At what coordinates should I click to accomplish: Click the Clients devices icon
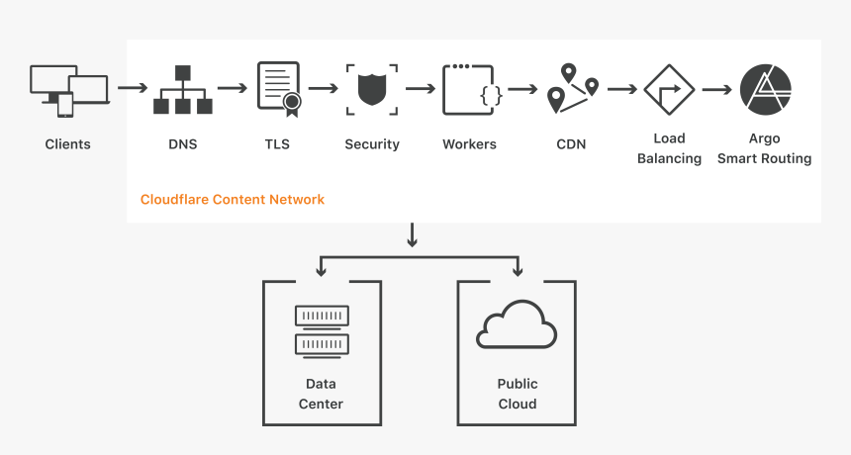[x=67, y=90]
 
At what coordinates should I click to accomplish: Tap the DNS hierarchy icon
[x=182, y=90]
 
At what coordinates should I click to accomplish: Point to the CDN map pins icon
[x=573, y=87]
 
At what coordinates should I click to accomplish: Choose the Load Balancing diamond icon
[x=669, y=89]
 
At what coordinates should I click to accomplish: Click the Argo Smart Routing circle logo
[x=765, y=89]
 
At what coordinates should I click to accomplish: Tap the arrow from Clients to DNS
[x=132, y=88]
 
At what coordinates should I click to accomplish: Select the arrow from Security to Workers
[x=421, y=88]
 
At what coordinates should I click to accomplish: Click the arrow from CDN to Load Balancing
[x=621, y=89]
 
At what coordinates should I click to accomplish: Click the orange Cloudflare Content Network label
[x=233, y=199]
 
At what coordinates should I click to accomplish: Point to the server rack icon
[x=322, y=330]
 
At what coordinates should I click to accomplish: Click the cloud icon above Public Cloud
[x=517, y=325]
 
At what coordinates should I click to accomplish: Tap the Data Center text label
[x=321, y=394]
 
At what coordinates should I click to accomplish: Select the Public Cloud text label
[x=517, y=394]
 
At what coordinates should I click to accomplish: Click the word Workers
[x=469, y=144]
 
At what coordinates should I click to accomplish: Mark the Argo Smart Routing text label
[x=764, y=148]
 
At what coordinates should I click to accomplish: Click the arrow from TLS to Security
[x=324, y=88]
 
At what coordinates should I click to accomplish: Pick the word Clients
[x=67, y=144]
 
